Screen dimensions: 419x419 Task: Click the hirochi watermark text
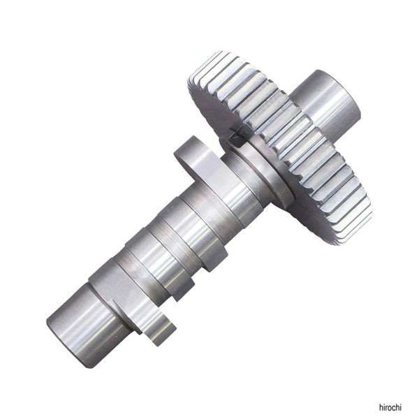click(x=390, y=407)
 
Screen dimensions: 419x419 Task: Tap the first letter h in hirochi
click(x=381, y=407)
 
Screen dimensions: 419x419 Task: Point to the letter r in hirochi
click(x=387, y=408)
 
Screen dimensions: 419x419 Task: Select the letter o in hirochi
click(x=390, y=408)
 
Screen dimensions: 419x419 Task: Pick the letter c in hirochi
click(x=394, y=408)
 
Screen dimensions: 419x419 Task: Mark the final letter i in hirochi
click(x=401, y=407)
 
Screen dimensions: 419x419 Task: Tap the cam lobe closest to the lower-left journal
click(x=128, y=302)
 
